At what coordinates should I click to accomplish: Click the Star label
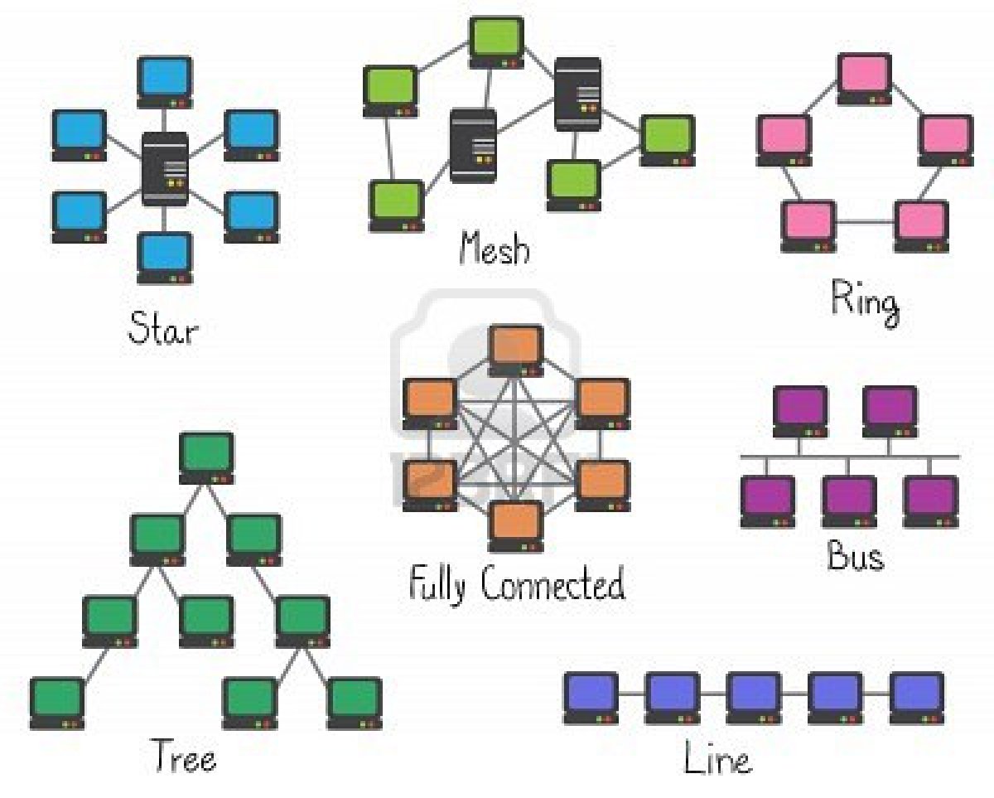point(163,329)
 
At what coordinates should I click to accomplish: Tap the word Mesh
point(494,247)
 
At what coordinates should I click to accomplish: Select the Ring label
point(865,301)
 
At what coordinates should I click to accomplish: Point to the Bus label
point(855,556)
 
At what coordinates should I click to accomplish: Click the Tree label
point(183,757)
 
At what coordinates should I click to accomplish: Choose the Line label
point(717,758)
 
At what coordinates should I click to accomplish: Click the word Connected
point(552,585)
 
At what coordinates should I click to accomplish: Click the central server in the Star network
point(165,168)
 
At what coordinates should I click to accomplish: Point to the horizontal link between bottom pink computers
point(866,223)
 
